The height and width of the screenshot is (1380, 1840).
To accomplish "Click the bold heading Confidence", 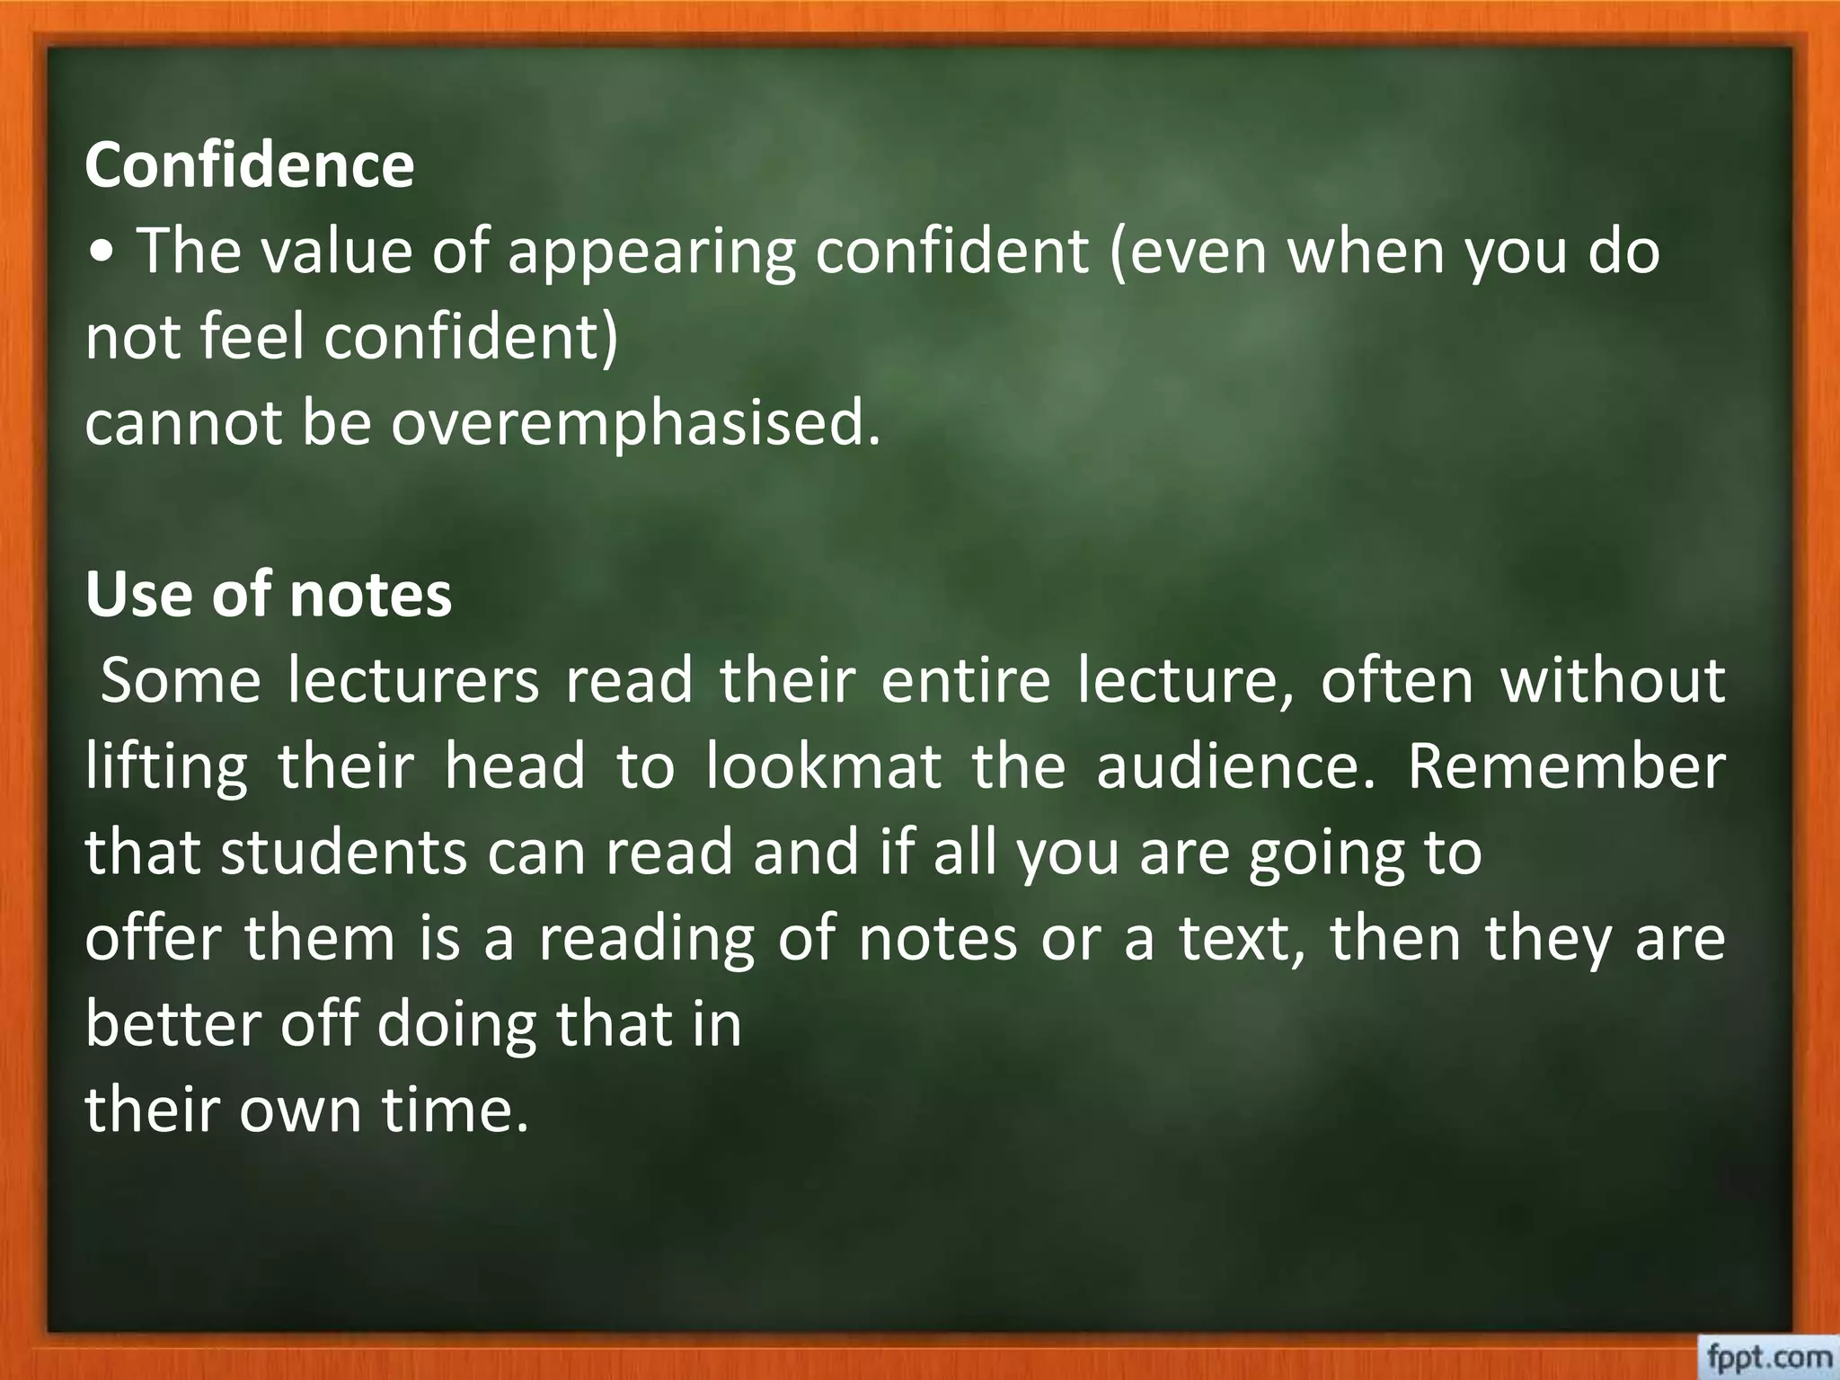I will click(x=249, y=165).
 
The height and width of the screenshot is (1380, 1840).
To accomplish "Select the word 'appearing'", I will click(x=651, y=253).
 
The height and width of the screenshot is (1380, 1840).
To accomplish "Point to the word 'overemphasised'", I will click(x=635, y=423).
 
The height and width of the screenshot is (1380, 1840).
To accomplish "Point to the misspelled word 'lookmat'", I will click(x=823, y=766).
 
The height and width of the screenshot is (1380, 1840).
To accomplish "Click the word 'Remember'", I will click(x=1566, y=766).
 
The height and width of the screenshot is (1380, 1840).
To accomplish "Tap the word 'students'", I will click(x=343, y=852).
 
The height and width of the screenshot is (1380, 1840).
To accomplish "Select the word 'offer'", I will click(x=153, y=938).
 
